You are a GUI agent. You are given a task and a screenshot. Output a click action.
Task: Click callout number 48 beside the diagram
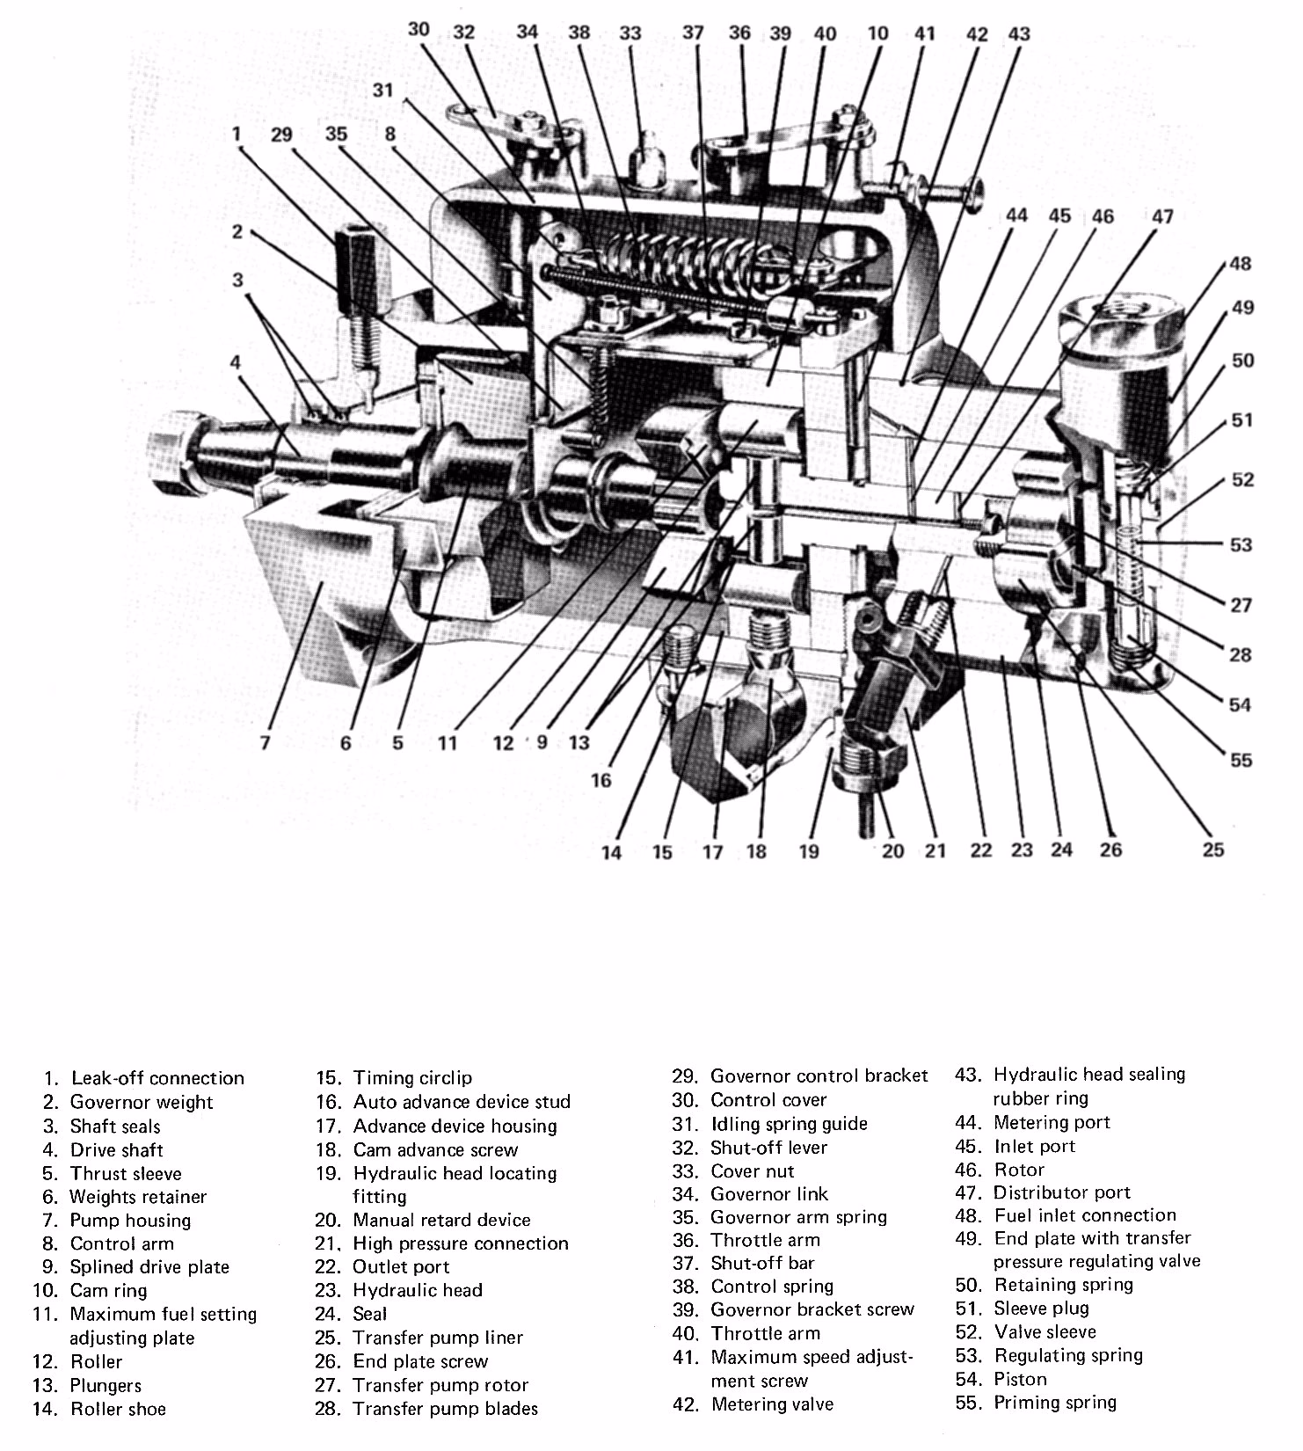1241,264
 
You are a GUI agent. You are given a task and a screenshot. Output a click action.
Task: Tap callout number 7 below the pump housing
265,743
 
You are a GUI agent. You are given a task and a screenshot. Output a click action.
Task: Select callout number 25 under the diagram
1213,849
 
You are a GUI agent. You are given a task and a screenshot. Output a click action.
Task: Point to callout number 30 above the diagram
419,30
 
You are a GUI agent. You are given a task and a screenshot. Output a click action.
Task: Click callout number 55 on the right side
1241,760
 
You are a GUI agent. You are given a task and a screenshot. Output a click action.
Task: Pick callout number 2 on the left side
237,232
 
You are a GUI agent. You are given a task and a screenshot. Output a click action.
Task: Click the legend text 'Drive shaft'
116,1149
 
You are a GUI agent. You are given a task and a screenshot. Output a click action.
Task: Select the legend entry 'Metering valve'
771,1404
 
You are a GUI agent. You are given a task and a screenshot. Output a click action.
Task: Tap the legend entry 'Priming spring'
1054,1403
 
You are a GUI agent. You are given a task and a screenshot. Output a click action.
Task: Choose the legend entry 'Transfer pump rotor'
440,1385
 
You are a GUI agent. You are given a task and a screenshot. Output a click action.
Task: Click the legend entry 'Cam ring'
108,1291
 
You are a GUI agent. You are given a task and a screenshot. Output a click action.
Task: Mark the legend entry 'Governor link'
768,1194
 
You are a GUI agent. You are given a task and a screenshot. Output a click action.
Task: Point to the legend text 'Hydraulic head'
417,1290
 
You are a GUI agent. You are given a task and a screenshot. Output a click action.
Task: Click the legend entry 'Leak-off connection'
157,1078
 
